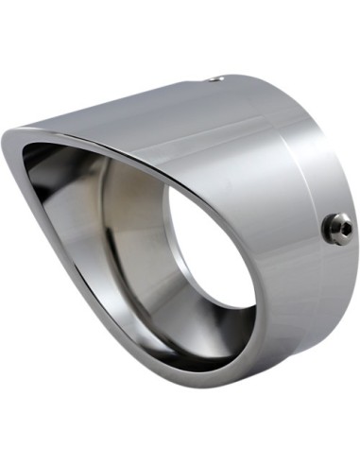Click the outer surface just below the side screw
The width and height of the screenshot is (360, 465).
(326, 274)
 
